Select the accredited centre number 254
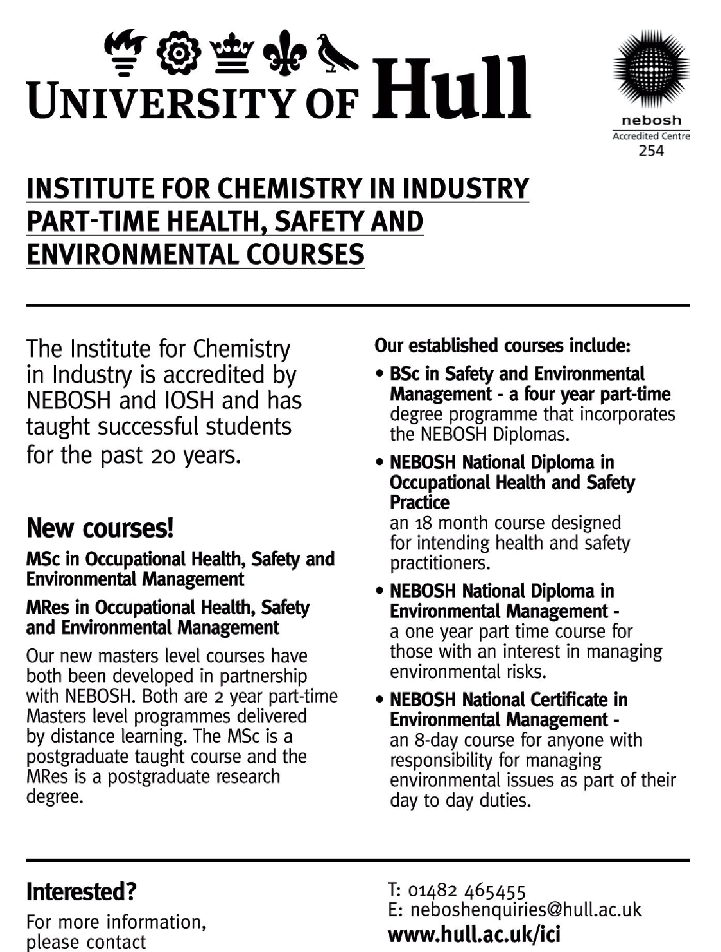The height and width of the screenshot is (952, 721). coord(651,151)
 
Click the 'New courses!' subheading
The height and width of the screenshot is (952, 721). coord(100,528)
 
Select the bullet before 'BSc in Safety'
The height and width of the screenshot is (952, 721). coord(380,374)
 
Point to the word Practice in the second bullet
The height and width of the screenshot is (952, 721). coord(419,502)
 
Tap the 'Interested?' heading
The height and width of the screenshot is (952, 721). coord(81,892)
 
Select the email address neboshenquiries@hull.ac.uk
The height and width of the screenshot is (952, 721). coord(525,910)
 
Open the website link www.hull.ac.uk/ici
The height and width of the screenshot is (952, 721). coord(474,934)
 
